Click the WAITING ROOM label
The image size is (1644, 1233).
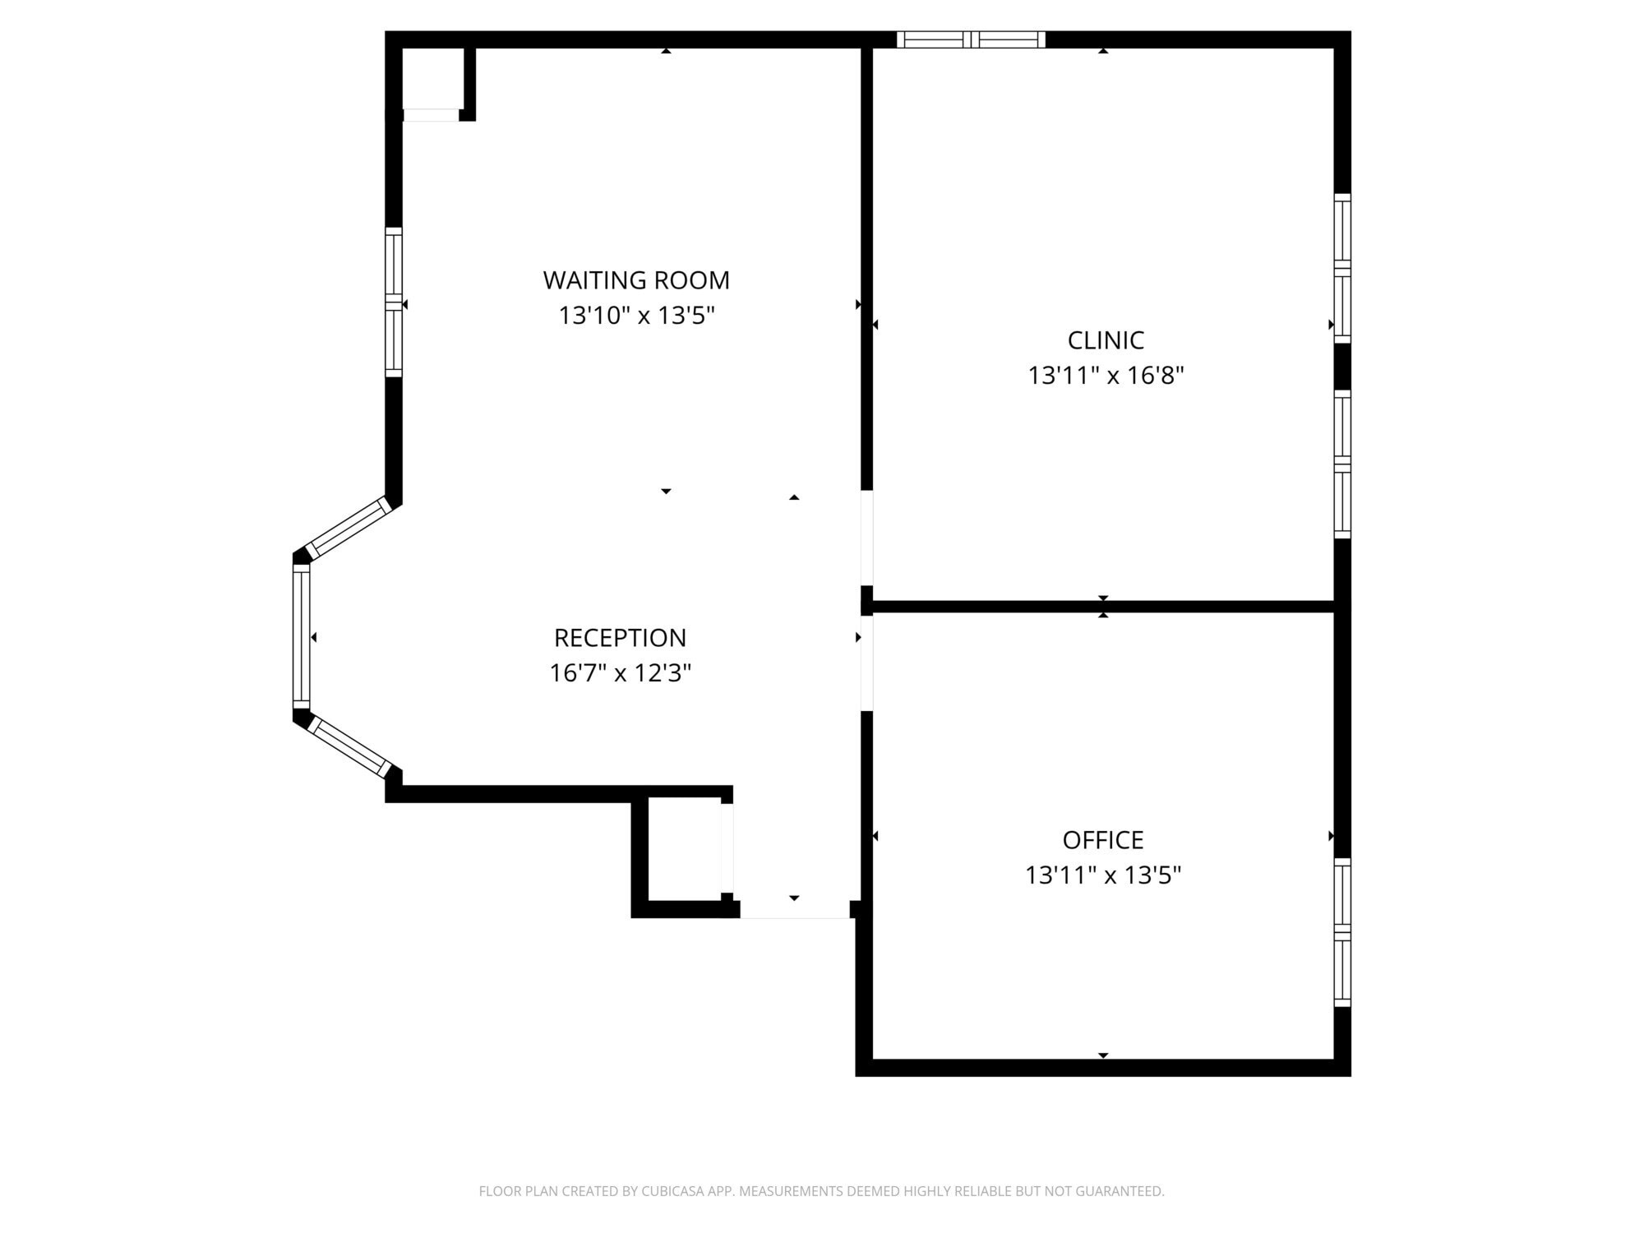[x=636, y=280]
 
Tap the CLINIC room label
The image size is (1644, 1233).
[x=1106, y=340]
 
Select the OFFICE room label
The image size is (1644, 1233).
[x=1103, y=840]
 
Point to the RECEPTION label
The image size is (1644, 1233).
[x=620, y=638]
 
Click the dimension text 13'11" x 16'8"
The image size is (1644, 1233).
[x=1106, y=376]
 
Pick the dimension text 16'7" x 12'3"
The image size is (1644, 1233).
[x=620, y=673]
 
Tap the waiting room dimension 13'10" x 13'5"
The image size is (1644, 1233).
[x=636, y=316]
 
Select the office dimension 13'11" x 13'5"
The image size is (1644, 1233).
[x=1103, y=875]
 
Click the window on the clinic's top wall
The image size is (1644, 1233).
[x=971, y=39]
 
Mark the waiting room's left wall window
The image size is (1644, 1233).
[x=394, y=302]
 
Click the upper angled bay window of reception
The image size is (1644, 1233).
[x=349, y=528]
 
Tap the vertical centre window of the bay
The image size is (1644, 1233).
[x=302, y=636]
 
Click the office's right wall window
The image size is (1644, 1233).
[x=1342, y=932]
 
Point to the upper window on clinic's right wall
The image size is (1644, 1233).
[x=1342, y=268]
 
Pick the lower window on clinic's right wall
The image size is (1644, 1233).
[x=1342, y=464]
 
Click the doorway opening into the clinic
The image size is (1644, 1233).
[x=866, y=538]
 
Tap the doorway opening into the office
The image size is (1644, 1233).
[x=866, y=663]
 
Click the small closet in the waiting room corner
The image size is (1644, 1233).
[x=432, y=79]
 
